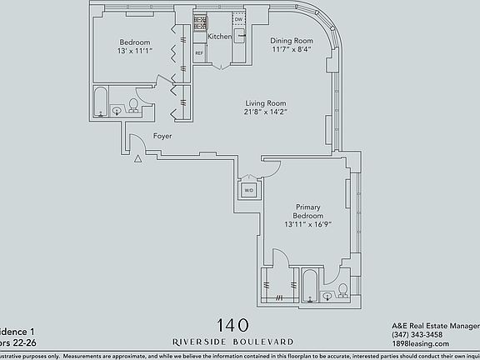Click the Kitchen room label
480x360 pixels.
[219, 37]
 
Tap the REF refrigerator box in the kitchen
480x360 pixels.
[199, 53]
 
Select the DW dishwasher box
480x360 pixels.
[238, 19]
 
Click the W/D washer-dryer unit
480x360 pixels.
[248, 191]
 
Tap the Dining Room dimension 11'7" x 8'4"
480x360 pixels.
[290, 50]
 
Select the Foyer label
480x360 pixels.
[162, 135]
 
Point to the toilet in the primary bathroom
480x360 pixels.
[342, 292]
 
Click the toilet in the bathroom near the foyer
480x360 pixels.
[132, 106]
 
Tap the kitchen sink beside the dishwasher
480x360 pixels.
[239, 36]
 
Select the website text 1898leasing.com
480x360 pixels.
[421, 343]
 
